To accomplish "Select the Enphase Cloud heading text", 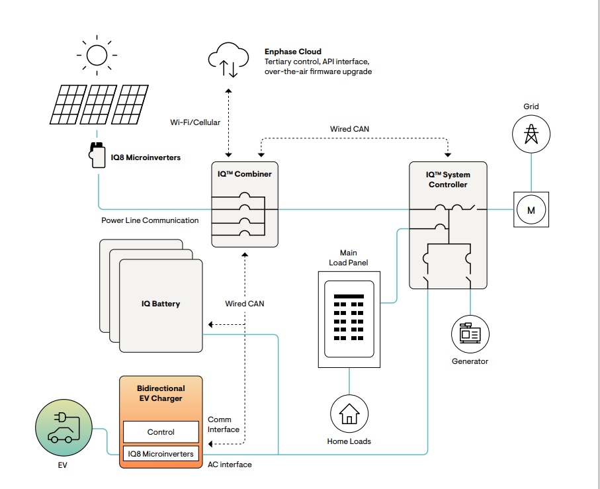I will point(292,52).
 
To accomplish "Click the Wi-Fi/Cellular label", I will point(195,122).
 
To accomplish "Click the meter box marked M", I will point(531,210).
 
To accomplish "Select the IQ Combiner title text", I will point(245,174).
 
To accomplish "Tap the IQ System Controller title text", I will point(448,179).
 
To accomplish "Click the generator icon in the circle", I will point(470,333).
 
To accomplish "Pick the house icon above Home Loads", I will point(349,415).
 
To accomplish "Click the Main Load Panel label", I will point(349,257).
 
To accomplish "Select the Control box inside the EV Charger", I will point(161,432).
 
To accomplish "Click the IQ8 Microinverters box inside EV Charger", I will point(161,454).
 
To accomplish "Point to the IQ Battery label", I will point(161,304).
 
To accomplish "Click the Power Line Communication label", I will point(150,220).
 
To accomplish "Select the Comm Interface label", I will point(224,425).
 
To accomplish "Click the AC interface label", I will point(230,465).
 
